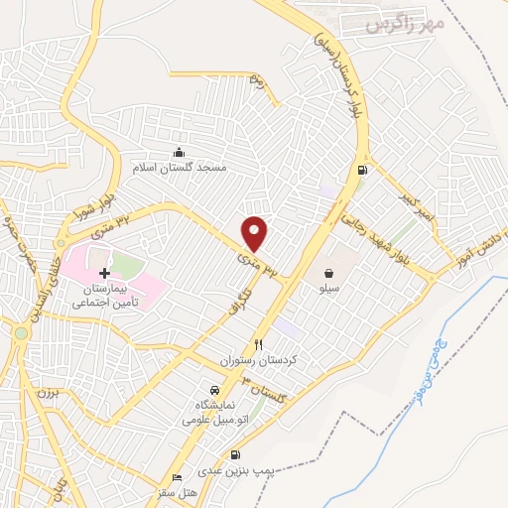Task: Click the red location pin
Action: pyautogui.click(x=255, y=233)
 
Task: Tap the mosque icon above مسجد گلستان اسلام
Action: pyautogui.click(x=179, y=152)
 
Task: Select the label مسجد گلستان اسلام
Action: pyautogui.click(x=183, y=167)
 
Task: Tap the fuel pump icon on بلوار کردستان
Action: pyautogui.click(x=360, y=171)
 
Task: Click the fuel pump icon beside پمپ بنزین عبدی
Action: pyautogui.click(x=235, y=455)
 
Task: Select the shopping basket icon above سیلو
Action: pyautogui.click(x=328, y=272)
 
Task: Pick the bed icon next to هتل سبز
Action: pyautogui.click(x=177, y=477)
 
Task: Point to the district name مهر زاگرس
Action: pyautogui.click(x=402, y=21)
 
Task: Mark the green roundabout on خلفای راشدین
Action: pyautogui.click(x=21, y=332)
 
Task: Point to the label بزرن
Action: pyautogui.click(x=50, y=392)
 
